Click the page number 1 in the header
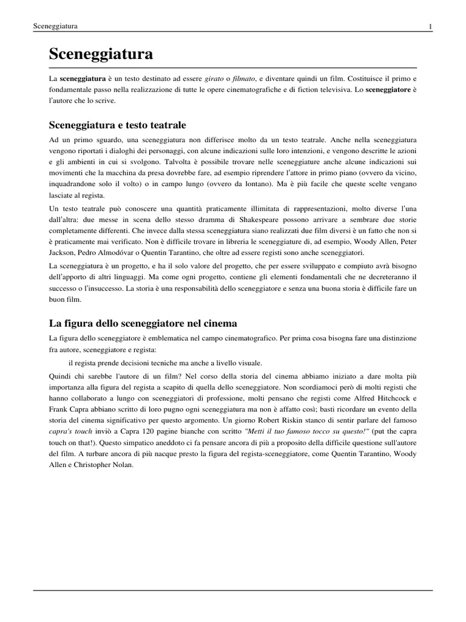click(x=430, y=27)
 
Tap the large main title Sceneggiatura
click(x=101, y=54)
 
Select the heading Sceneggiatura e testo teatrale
click(x=117, y=125)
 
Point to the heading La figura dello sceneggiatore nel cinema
click(x=143, y=323)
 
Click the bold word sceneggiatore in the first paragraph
click(x=388, y=90)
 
